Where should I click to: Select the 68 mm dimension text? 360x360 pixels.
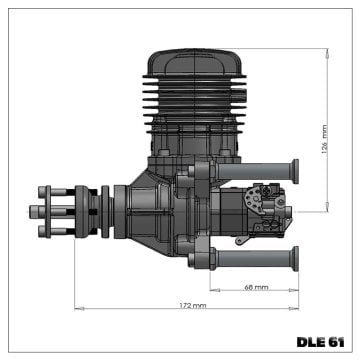(256, 287)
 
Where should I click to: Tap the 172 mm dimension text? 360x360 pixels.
(193, 305)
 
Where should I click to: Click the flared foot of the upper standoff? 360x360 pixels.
(296, 168)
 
